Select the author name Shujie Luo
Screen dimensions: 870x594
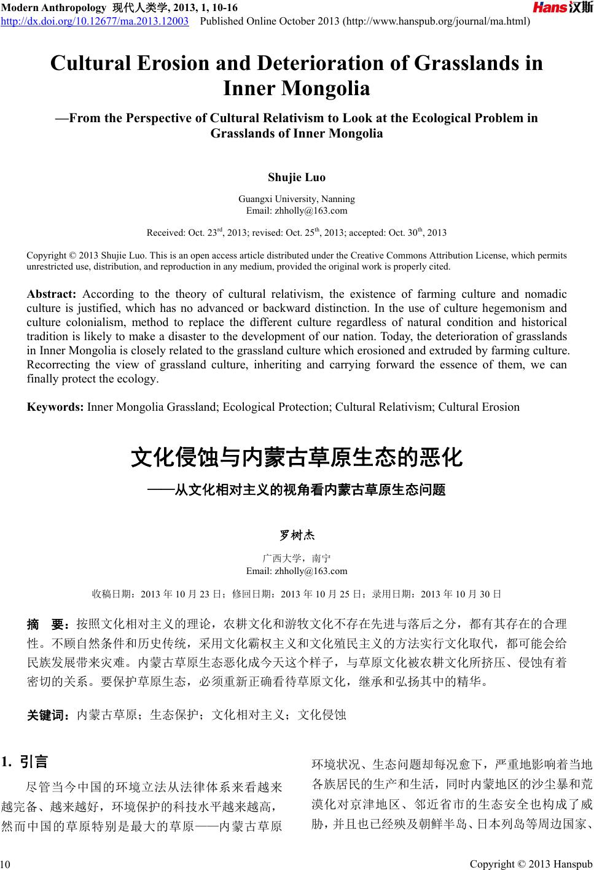tap(297, 177)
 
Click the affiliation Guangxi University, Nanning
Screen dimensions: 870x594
tap(297, 199)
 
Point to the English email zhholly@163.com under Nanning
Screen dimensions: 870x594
tap(297, 211)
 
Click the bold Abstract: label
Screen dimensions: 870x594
tap(51, 294)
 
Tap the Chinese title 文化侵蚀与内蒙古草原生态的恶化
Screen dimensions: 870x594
tap(297, 457)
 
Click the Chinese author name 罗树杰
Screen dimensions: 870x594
tap(297, 535)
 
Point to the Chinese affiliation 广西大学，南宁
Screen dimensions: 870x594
tap(297, 559)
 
